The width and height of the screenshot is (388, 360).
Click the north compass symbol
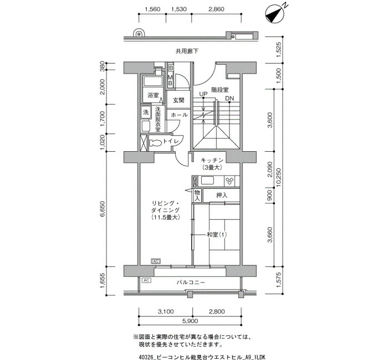pos(274,14)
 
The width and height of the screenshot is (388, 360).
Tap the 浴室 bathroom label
pos(153,95)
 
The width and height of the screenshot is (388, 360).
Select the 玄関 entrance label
pos(178,100)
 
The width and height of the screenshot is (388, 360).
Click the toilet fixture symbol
pos(155,143)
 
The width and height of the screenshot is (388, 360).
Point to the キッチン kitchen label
pos(212,160)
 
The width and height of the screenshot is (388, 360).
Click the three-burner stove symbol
pos(229,181)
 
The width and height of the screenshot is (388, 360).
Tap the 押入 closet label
pos(222,196)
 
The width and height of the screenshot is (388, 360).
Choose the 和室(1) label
pos(217,234)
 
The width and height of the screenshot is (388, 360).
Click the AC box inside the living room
pos(156,261)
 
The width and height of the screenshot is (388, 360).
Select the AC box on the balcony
pos(146,280)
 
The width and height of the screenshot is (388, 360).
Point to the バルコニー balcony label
pos(191,282)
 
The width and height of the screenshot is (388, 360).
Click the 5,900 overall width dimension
pos(190,321)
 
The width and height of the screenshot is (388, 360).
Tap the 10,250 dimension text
pos(279,177)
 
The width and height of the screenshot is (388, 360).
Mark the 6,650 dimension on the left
pos(103,209)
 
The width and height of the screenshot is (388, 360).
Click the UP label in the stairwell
pos(203,94)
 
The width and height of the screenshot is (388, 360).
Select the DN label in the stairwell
pos(229,99)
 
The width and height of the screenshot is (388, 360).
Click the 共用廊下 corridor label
pos(187,51)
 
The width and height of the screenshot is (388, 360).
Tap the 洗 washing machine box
pos(146,112)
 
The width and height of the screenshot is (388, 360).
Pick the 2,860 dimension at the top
pos(216,9)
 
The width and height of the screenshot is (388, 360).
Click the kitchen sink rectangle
pos(207,180)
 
